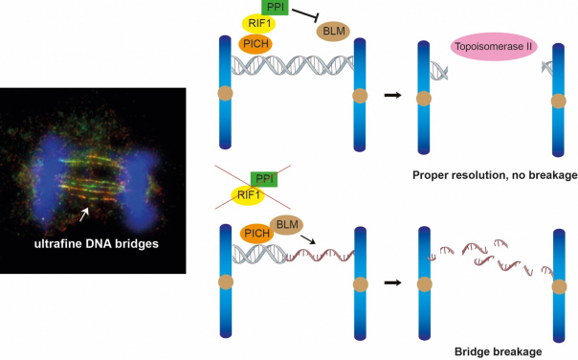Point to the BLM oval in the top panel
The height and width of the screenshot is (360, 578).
pyautogui.click(x=334, y=32)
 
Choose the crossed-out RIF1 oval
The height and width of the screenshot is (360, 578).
pyautogui.click(x=247, y=198)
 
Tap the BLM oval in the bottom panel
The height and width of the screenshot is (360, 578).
pyautogui.click(x=286, y=225)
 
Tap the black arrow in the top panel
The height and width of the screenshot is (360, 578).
pyautogui.click(x=391, y=95)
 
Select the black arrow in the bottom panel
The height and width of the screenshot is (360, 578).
pyautogui.click(x=391, y=283)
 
